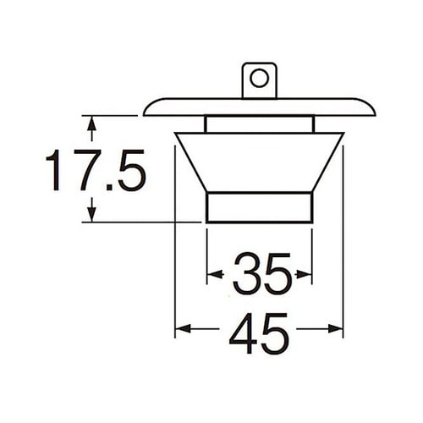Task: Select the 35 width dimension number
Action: (x=261, y=274)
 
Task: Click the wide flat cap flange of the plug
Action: (x=259, y=107)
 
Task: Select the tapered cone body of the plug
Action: (x=259, y=161)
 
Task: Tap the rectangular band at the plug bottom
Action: (x=259, y=207)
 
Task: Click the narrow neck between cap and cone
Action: (x=259, y=124)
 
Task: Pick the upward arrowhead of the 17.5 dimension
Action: (x=91, y=123)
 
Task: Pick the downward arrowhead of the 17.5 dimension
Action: (x=91, y=216)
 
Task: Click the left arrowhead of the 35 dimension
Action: (x=212, y=274)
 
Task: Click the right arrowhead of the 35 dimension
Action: (x=306, y=274)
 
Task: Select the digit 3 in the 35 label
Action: (x=245, y=274)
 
